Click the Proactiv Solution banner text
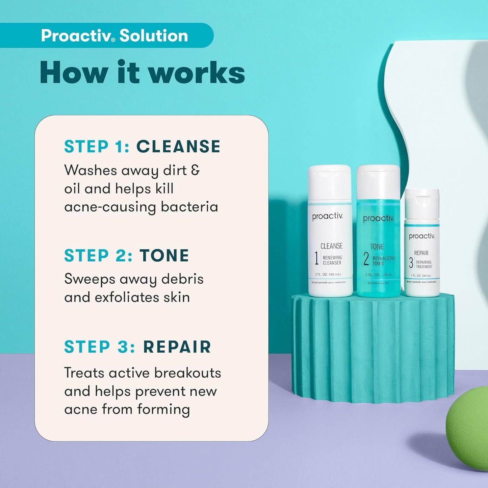click(x=114, y=35)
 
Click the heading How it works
click(x=142, y=73)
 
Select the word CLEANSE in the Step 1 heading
click(x=178, y=147)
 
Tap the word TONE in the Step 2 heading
click(x=164, y=256)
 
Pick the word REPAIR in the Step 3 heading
click(x=177, y=347)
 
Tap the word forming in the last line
click(x=163, y=410)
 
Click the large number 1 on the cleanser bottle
click(x=316, y=259)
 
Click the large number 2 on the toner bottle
click(x=366, y=259)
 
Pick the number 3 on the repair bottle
click(x=411, y=263)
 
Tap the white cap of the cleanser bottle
click(x=329, y=182)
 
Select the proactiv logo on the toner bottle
click(x=378, y=219)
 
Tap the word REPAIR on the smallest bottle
click(x=421, y=253)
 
